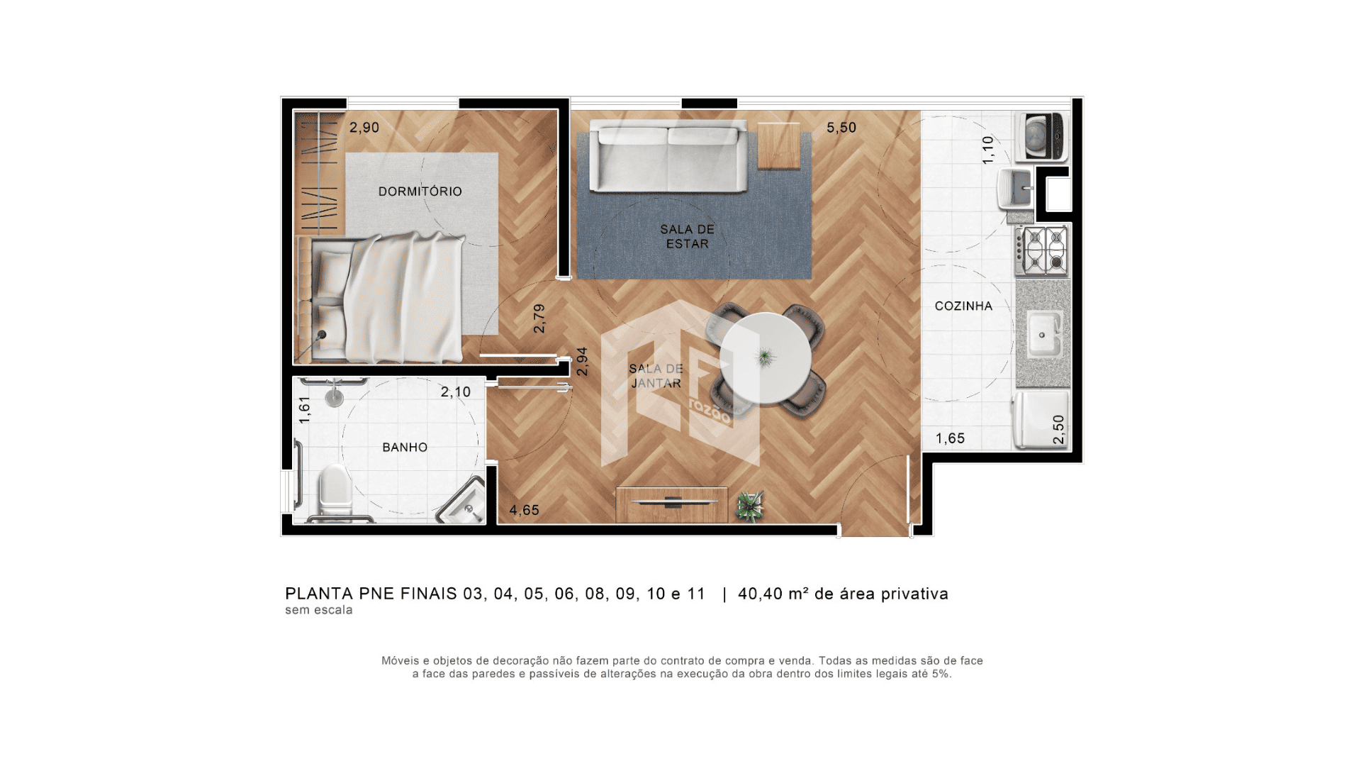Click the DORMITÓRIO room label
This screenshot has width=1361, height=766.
pos(420,191)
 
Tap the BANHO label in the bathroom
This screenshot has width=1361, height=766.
pos(405,448)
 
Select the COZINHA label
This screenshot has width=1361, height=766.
pos(963,306)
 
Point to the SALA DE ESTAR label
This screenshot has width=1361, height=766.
pos(687,236)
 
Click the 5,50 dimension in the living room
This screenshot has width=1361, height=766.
pos(841,128)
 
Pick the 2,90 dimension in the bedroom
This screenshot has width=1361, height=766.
pos(364,128)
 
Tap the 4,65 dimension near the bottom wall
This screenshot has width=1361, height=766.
pos(525,510)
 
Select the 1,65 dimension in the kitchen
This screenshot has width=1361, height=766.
pos(951,438)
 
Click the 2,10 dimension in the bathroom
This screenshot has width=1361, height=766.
pos(456,392)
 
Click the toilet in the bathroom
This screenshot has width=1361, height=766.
pos(335,491)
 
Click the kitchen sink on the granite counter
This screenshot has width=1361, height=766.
pos(1043,333)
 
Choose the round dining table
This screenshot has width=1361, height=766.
pos(766,359)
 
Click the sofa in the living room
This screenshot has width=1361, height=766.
pos(668,156)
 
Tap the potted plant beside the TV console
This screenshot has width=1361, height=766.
pos(750,506)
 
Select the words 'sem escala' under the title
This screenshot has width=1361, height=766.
pos(319,610)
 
